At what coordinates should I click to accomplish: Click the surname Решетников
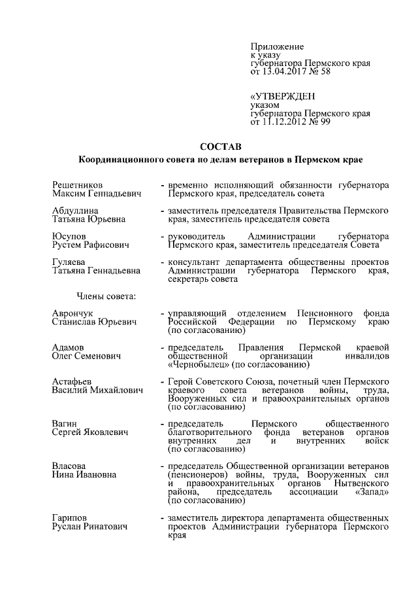tap(78, 185)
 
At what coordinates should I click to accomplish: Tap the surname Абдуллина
tap(76, 211)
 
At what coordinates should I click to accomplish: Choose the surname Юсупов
tap(69, 235)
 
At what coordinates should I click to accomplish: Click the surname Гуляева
tap(70, 261)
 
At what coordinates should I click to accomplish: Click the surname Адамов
tap(69, 347)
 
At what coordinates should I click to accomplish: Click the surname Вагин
tap(65, 424)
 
